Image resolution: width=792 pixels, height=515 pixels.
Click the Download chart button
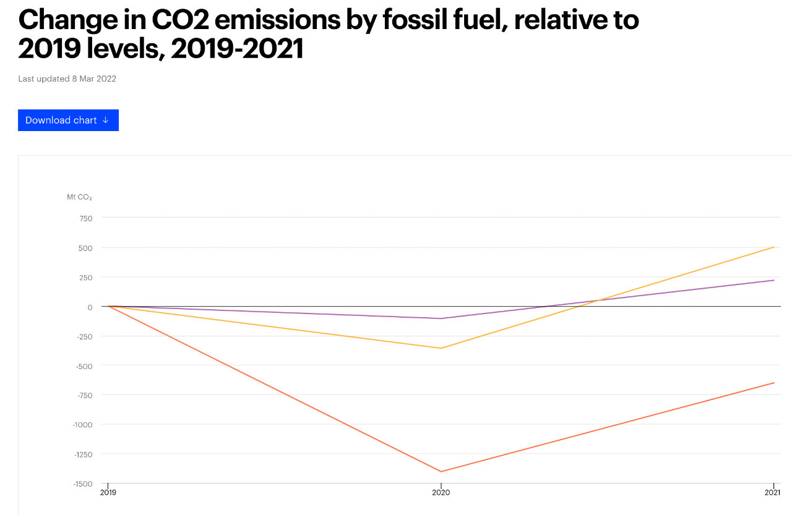pos(68,120)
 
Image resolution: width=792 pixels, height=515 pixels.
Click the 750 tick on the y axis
pos(85,218)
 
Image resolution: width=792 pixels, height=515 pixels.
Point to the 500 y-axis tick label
pos(85,248)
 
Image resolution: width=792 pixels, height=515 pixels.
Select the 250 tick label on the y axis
pos(85,278)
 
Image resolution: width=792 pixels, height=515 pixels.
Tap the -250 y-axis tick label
pos(84,336)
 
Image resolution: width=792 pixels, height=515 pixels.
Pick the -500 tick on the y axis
pos(84,366)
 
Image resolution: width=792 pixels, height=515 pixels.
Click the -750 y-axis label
pos(84,395)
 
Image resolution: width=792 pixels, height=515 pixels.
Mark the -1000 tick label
pos(82,425)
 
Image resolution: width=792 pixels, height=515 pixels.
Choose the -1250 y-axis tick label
pos(82,454)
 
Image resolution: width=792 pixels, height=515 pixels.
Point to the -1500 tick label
pos(82,483)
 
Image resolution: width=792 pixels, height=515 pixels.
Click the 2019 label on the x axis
pos(108,493)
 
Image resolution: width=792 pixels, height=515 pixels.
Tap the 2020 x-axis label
pos(441,493)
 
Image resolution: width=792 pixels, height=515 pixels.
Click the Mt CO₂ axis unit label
pos(79,197)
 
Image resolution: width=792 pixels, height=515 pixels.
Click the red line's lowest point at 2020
pos(441,472)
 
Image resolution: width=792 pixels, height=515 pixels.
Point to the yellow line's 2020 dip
pos(441,348)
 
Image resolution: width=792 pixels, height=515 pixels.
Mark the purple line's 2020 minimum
pos(441,318)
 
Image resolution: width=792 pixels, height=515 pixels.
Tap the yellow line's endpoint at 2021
pos(773,247)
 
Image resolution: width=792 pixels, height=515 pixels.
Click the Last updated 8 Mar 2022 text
pos(67,79)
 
